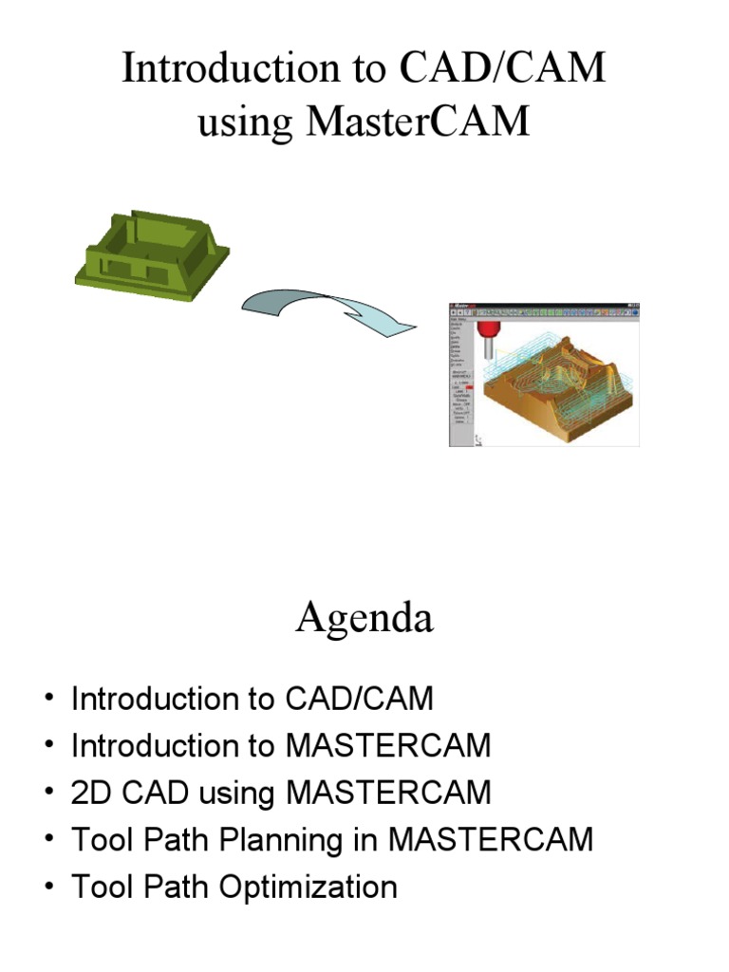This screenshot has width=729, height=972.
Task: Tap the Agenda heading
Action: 364,619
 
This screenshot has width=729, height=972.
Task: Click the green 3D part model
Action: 153,253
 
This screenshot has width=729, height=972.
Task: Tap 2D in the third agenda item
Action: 91,793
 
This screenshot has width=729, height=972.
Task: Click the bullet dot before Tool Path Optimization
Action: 47,888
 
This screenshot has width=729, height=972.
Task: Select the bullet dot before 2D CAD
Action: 47,794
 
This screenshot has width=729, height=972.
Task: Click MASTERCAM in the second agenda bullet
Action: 388,745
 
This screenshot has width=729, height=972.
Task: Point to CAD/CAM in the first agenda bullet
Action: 358,699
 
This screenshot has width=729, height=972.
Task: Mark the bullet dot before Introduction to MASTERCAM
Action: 47,746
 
